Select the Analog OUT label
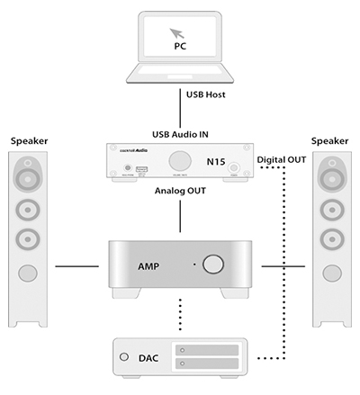[x=179, y=191]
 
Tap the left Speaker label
[x=31, y=141]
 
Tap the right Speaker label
[x=329, y=141]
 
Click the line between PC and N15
[x=180, y=99]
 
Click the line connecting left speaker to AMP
[x=76, y=266]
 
